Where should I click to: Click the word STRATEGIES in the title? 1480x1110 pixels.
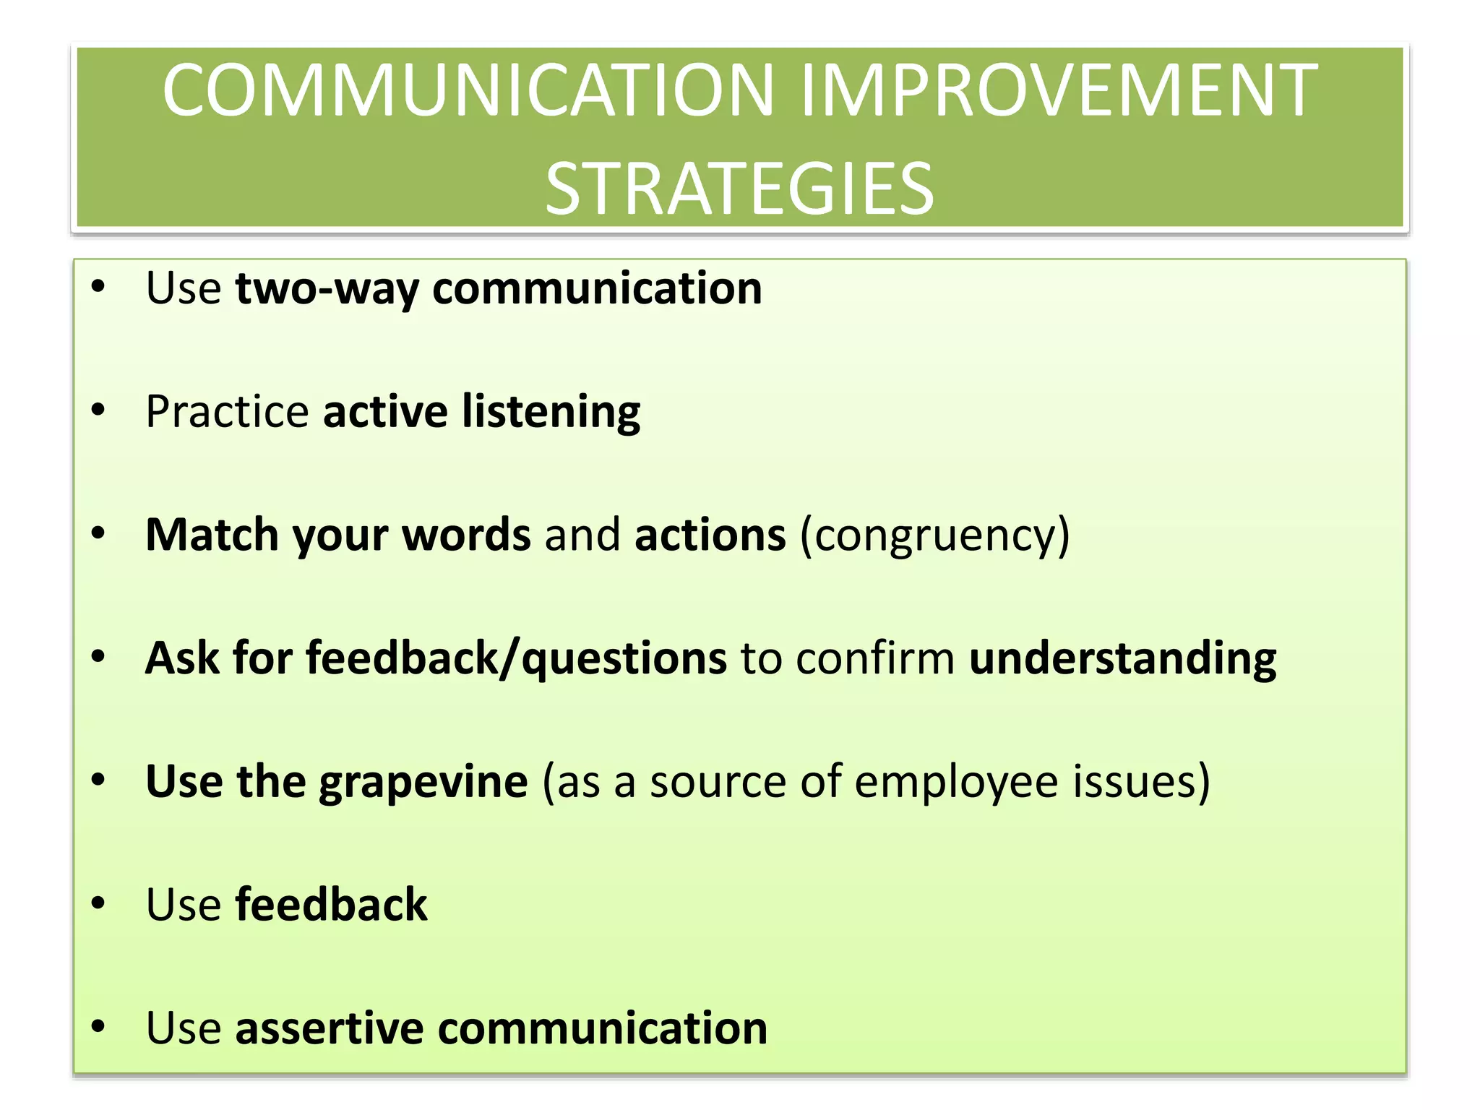pos(739,189)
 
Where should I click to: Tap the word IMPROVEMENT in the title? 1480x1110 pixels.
pos(1059,90)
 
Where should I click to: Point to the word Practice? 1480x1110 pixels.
pos(227,412)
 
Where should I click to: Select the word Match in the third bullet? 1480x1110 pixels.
pos(212,535)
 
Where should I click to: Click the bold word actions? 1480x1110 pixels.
pos(710,535)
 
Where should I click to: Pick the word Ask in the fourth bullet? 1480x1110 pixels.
pos(182,658)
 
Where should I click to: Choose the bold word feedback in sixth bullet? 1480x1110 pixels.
pos(331,905)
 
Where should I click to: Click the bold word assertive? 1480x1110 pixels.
pos(329,1028)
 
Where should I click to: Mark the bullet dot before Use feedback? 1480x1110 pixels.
pos(99,903)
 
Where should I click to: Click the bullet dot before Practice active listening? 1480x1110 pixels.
pos(99,410)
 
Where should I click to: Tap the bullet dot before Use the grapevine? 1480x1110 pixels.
pos(99,780)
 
